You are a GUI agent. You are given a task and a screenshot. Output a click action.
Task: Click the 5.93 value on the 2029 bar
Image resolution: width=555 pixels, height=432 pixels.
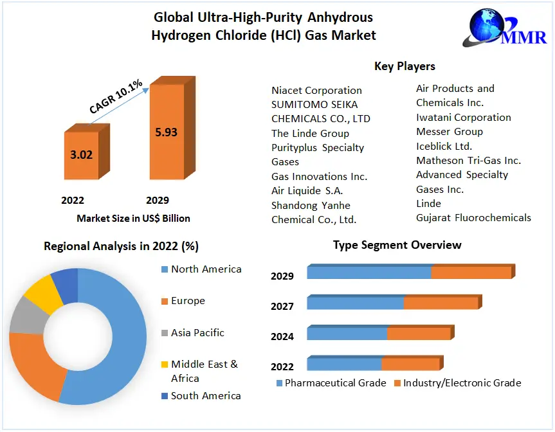pyautogui.click(x=166, y=132)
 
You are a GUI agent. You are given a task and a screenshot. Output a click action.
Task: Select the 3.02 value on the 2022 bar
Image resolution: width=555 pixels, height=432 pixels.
pyautogui.click(x=81, y=155)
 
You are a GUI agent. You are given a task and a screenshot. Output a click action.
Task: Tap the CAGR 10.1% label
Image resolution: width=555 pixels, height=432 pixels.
pyautogui.click(x=116, y=97)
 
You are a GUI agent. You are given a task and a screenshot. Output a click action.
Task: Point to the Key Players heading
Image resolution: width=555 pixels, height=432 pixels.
pyautogui.click(x=405, y=66)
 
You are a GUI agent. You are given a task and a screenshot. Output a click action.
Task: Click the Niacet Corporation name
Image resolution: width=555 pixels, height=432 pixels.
pyautogui.click(x=316, y=91)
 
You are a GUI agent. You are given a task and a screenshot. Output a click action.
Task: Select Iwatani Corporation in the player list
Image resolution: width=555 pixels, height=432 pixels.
pyautogui.click(x=463, y=118)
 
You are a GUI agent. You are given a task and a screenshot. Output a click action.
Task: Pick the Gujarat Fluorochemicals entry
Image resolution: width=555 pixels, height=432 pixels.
pyautogui.click(x=473, y=218)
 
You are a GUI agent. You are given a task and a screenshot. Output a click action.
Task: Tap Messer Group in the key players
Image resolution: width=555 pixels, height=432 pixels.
pyautogui.click(x=449, y=132)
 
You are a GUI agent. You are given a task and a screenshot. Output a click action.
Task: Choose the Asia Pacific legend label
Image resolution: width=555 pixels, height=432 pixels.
pyautogui.click(x=197, y=333)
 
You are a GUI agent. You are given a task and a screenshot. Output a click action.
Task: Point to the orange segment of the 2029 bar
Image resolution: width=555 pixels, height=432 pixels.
pyautogui.click(x=471, y=272)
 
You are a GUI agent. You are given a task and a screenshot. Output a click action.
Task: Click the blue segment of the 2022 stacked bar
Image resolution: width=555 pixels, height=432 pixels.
pyautogui.click(x=344, y=364)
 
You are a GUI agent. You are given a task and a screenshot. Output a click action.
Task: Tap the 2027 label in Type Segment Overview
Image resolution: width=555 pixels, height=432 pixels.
pyautogui.click(x=282, y=307)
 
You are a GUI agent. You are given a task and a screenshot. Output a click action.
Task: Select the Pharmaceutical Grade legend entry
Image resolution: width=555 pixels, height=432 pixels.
pyautogui.click(x=331, y=383)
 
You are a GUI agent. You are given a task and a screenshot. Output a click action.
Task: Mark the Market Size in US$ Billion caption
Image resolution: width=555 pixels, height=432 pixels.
pyautogui.click(x=133, y=219)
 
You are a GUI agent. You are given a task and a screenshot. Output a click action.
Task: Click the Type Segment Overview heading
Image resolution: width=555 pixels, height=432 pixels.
pyautogui.click(x=397, y=245)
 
